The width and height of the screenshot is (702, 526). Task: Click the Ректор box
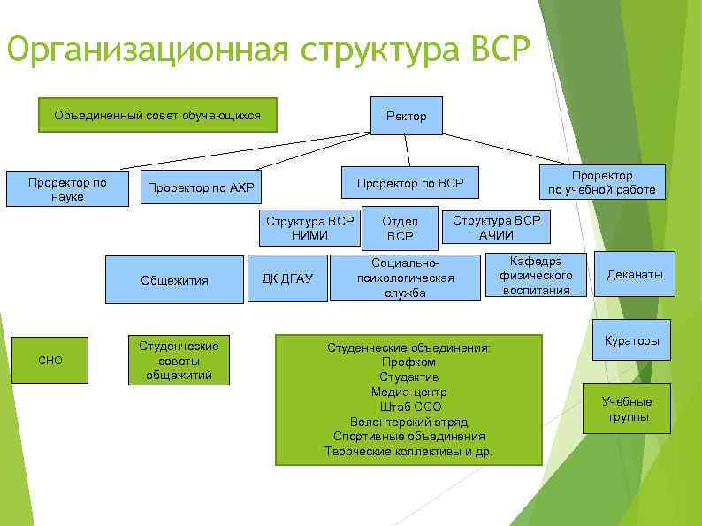[x=406, y=116]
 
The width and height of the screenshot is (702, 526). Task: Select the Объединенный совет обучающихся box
[x=157, y=116]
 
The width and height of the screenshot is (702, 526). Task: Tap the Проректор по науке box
[x=67, y=189]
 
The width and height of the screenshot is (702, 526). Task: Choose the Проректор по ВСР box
[x=409, y=183]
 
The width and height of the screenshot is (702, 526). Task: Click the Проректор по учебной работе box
[x=601, y=182]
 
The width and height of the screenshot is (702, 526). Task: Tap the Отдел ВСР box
[x=400, y=229]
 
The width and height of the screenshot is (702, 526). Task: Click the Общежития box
[x=174, y=280]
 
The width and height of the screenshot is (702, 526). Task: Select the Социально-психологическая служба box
[x=405, y=278]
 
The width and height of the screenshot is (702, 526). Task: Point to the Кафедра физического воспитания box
[x=537, y=275]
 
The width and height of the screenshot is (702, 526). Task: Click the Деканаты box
[x=634, y=275]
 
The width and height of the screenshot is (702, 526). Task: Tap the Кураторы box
[x=631, y=340]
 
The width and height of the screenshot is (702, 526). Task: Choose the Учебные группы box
[x=627, y=408]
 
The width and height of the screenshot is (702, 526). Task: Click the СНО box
[x=50, y=360]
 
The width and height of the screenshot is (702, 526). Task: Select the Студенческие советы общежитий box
[x=178, y=360]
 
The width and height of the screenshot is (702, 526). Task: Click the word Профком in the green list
[x=408, y=362]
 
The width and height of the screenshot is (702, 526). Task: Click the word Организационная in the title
[x=148, y=50]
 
